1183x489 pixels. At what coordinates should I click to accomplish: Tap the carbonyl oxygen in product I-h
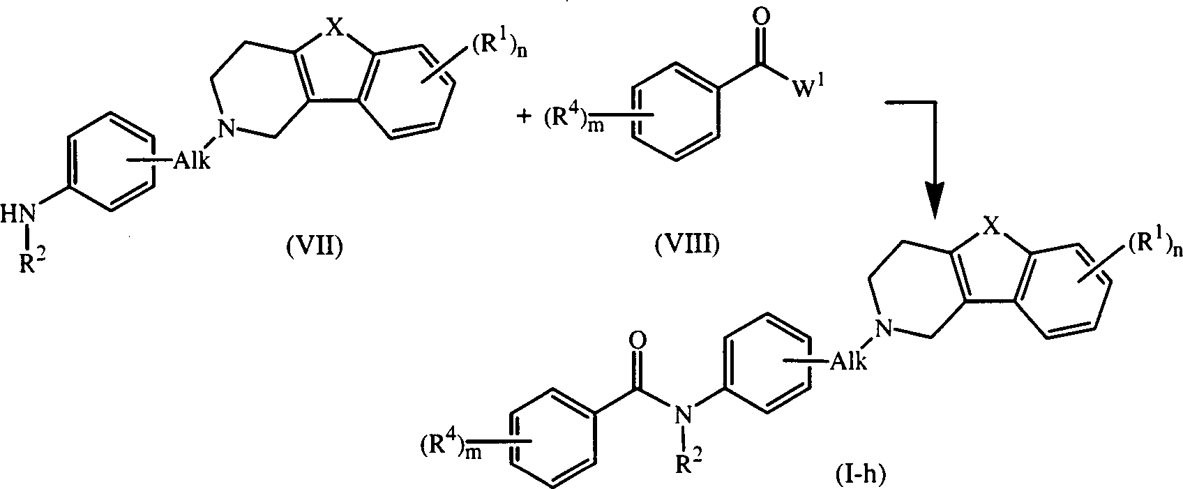(638, 342)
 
